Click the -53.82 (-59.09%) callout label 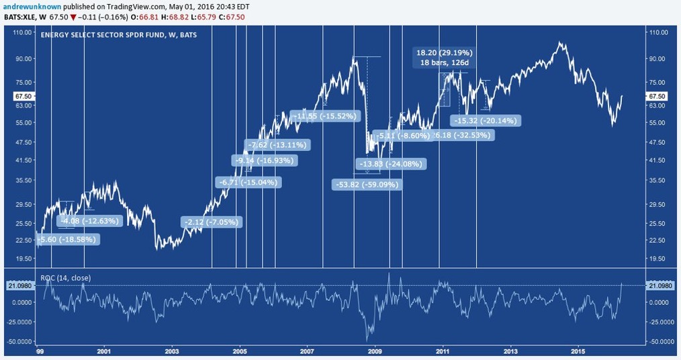click(367, 185)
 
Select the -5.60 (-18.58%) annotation click(67, 238)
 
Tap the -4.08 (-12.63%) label click(89, 220)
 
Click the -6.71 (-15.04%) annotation click(247, 182)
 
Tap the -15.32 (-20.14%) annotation click(484, 121)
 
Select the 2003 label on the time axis click(171, 351)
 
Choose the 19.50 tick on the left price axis click(23, 259)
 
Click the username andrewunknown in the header click(26, 5)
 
